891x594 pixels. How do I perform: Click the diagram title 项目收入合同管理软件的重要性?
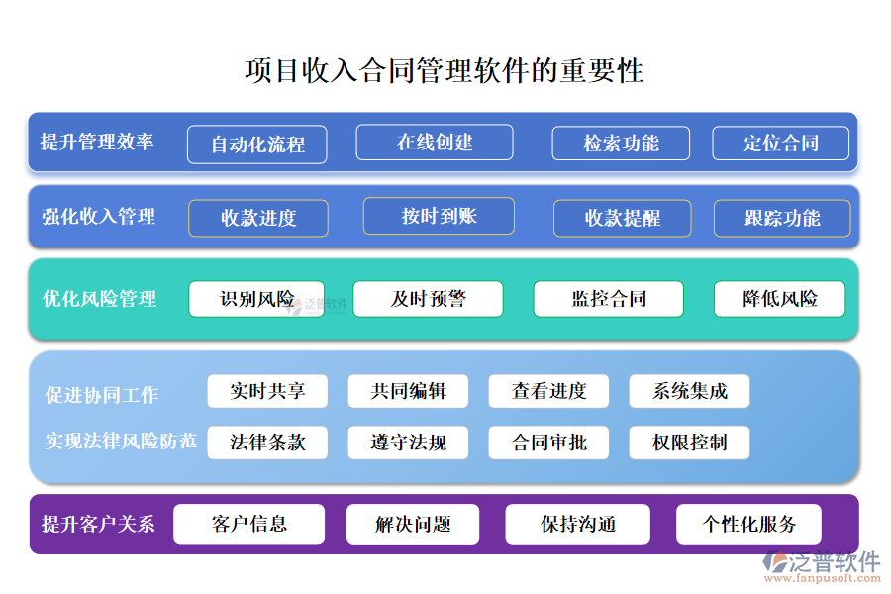(x=445, y=71)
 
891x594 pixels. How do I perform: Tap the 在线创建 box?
(x=435, y=143)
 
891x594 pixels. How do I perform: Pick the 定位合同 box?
(x=780, y=144)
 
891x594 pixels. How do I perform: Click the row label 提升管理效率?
(x=97, y=142)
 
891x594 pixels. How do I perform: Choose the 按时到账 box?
(x=439, y=216)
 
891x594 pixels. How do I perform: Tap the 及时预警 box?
(x=428, y=299)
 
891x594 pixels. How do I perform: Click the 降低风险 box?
(x=779, y=299)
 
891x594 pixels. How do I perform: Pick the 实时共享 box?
(x=267, y=391)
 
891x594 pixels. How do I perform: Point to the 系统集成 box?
(x=689, y=391)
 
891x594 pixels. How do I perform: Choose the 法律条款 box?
(x=267, y=443)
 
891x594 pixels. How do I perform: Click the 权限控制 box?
(x=689, y=443)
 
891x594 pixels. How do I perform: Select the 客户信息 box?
(x=249, y=524)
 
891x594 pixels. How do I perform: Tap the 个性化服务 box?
(x=748, y=524)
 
